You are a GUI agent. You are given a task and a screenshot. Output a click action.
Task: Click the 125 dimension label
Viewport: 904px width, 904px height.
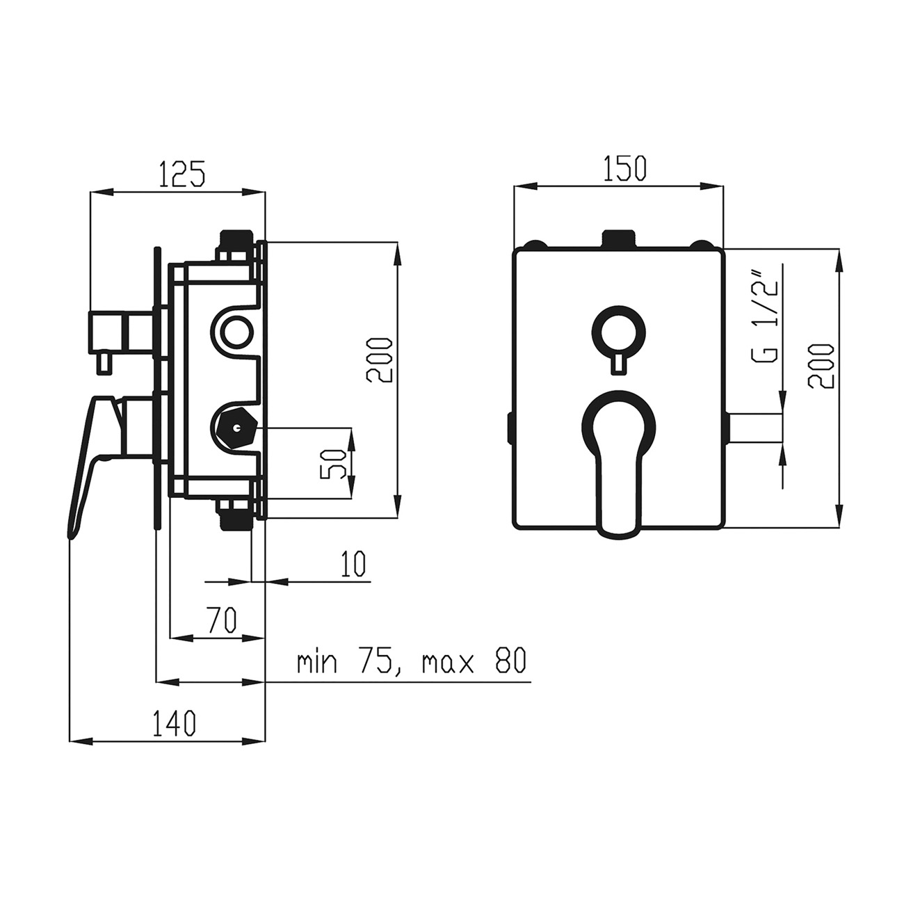coord(183,174)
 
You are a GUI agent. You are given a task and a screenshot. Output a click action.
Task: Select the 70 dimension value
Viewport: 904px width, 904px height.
coord(221,618)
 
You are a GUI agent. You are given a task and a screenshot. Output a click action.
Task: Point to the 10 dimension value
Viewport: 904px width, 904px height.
coord(354,565)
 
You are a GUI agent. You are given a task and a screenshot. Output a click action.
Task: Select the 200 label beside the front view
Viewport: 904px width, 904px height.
coord(821,366)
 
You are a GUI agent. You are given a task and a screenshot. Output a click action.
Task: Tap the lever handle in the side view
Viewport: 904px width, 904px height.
coord(94,459)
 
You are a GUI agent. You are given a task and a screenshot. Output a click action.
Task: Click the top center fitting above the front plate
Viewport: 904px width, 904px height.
coord(618,239)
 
